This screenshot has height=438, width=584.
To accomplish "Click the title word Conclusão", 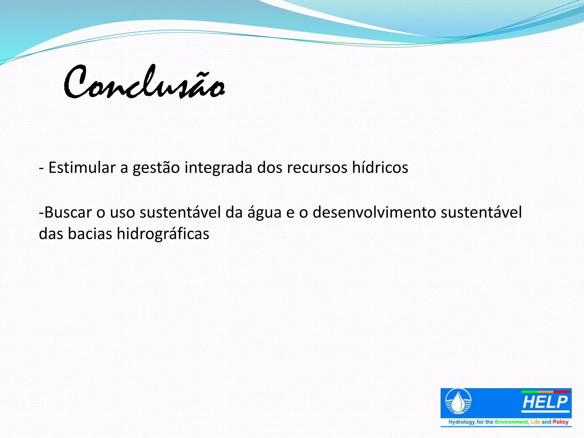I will click(144, 83).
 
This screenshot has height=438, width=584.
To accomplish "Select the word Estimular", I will click(82, 168).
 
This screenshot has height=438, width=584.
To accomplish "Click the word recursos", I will click(317, 168).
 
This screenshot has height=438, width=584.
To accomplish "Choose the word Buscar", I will click(68, 212).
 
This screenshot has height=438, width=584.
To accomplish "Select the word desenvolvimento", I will click(374, 212).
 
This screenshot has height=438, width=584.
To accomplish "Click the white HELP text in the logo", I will click(545, 402).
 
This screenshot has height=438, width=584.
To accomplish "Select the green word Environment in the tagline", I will click(511, 422).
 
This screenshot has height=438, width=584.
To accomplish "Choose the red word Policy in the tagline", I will click(560, 422).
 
